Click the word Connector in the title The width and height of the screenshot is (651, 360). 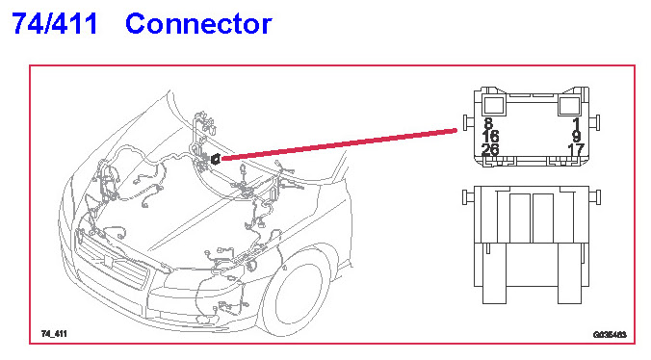[198, 24]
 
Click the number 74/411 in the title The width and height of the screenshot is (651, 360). [55, 23]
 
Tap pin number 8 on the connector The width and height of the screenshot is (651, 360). [488, 123]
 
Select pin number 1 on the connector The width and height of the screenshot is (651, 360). [576, 123]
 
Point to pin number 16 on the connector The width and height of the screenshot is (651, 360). [490, 136]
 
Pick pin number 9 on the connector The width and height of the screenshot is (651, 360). [576, 136]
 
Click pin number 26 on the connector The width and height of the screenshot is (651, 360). [490, 149]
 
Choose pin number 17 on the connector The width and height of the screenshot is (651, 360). [576, 149]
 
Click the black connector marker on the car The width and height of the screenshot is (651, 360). [216, 159]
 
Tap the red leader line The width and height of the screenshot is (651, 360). [339, 144]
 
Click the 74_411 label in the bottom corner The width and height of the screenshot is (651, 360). [54, 333]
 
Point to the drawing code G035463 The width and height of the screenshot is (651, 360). [610, 335]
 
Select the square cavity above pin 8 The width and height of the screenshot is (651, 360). [494, 105]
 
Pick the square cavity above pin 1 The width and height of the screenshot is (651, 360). [569, 105]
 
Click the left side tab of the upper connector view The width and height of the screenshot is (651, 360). [469, 123]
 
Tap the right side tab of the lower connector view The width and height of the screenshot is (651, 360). [594, 197]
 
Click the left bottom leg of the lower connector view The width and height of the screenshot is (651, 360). [494, 273]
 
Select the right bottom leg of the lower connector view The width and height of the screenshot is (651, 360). [569, 273]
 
